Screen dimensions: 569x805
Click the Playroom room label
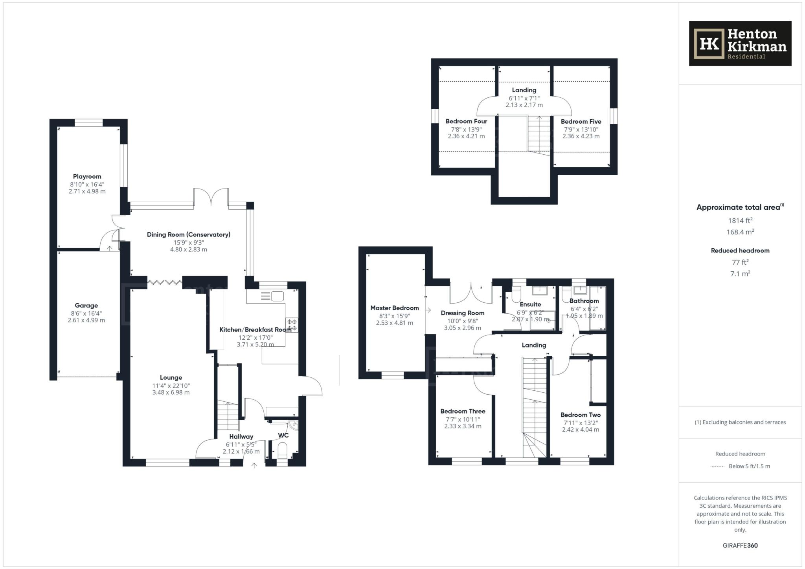coord(87,177)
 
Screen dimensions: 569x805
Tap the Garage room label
coord(86,306)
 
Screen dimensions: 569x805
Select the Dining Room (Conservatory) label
coord(188,234)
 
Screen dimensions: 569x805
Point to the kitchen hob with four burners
coord(292,325)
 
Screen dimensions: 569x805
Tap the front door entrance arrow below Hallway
coord(254,466)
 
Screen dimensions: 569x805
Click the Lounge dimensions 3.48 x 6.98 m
coord(171,392)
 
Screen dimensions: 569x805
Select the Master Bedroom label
coord(394,308)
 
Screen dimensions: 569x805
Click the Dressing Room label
coord(462,313)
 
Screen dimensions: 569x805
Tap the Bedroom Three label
coord(463,411)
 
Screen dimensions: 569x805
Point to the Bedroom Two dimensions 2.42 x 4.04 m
coord(580,430)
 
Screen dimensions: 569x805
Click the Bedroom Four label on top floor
coord(466,121)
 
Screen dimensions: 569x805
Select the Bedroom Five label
coord(581,121)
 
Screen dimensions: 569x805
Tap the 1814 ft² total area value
coord(740,220)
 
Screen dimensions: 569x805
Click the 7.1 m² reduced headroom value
coord(740,274)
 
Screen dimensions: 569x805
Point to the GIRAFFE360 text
coord(740,545)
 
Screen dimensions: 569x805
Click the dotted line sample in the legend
coord(717,467)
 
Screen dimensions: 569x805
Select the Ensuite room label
coord(530,304)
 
